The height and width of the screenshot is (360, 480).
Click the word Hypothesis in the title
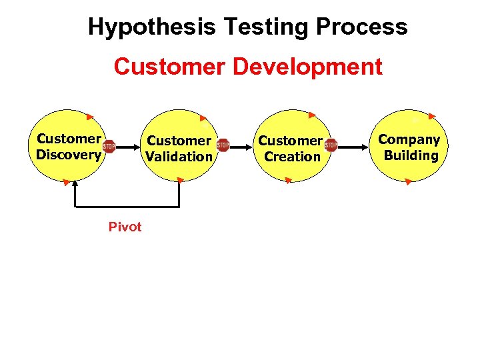tap(152, 27)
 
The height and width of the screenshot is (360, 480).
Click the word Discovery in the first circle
tap(69, 155)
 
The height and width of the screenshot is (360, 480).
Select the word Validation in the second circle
tap(179, 157)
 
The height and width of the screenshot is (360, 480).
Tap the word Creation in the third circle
tap(292, 157)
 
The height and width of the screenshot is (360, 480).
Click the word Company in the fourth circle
tap(409, 139)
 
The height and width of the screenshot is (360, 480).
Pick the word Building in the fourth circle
tap(411, 155)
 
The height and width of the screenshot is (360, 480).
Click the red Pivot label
tap(125, 227)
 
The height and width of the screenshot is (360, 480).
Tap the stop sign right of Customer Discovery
tap(109, 147)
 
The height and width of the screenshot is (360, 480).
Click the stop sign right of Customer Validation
tap(223, 145)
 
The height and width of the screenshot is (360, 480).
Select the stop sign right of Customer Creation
tap(331, 145)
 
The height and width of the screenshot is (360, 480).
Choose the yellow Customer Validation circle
tap(179, 127)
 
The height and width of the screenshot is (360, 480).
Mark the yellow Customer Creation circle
tap(291, 127)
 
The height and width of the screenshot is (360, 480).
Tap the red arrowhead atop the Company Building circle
tap(432, 116)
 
